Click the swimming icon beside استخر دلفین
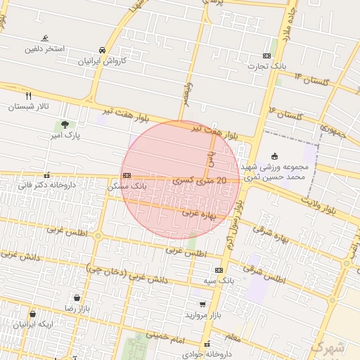46,38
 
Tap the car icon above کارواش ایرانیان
103,51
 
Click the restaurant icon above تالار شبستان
29,96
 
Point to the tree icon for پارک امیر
65,124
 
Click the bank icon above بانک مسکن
126,176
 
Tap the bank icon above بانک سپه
219,270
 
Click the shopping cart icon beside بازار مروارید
203,304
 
